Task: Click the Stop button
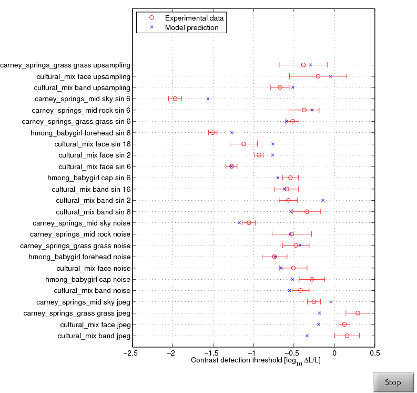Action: [x=393, y=382]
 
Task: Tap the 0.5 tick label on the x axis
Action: [x=374, y=352]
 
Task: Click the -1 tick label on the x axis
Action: [x=253, y=352]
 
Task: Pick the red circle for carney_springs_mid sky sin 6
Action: [x=175, y=99]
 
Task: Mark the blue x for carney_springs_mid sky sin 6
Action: [x=208, y=99]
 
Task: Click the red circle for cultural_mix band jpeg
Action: [x=347, y=336]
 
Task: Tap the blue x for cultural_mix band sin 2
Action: [x=323, y=200]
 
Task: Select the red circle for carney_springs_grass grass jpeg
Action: [x=358, y=313]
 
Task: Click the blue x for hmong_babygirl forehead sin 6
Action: [x=232, y=133]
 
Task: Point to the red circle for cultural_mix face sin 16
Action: [x=243, y=144]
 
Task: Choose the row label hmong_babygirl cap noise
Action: [x=88, y=279]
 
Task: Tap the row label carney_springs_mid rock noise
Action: [x=80, y=234]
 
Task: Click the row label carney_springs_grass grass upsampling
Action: [x=66, y=65]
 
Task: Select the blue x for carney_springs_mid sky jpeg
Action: [x=331, y=302]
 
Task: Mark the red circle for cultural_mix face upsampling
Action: [x=318, y=76]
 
